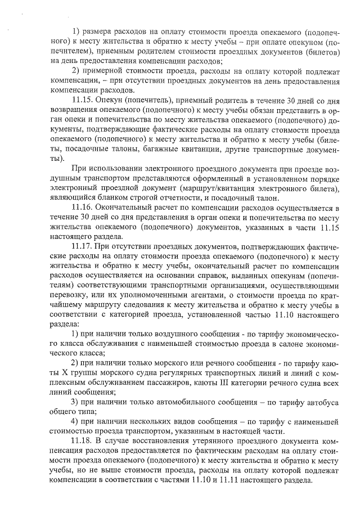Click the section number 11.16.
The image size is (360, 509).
tap(83, 208)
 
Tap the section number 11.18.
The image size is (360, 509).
tap(83, 439)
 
